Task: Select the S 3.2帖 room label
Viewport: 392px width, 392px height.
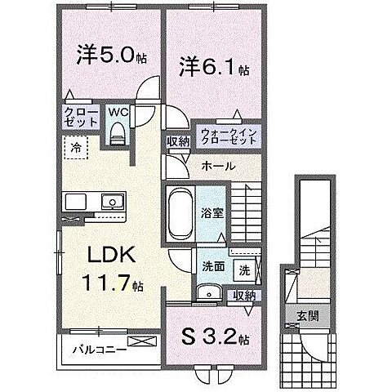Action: (214, 335)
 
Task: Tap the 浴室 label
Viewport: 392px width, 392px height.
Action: (211, 212)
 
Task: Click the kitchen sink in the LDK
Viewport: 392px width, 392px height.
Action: (109, 203)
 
